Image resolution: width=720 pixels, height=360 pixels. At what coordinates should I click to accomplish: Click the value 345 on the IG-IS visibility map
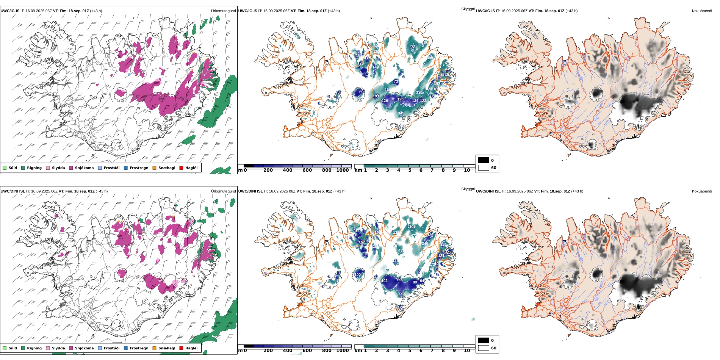click(x=401, y=113)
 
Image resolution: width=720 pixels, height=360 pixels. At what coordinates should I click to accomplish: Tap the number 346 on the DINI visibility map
click(x=412, y=227)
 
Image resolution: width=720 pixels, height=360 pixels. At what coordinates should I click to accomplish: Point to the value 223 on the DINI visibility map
click(x=401, y=293)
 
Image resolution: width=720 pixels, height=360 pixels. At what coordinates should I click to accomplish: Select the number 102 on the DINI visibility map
click(x=384, y=281)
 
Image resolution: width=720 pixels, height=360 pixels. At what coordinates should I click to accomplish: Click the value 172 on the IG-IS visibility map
click(x=412, y=47)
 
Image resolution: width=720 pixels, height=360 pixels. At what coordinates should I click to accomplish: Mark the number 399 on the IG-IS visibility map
click(x=430, y=58)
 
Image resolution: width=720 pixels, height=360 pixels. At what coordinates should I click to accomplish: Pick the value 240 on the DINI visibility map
click(x=425, y=244)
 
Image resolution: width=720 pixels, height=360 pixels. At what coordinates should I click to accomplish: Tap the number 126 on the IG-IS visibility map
click(x=385, y=101)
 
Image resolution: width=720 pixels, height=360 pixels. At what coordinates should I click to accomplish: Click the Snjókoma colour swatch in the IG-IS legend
click(x=71, y=168)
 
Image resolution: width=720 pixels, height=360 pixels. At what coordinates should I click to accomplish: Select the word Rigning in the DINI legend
click(x=34, y=348)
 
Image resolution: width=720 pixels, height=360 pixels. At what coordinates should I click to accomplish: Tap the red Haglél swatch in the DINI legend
click(x=181, y=348)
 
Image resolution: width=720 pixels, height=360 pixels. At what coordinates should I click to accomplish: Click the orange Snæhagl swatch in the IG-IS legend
click(x=154, y=168)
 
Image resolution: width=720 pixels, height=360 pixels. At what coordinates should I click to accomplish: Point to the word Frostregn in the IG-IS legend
click(x=139, y=168)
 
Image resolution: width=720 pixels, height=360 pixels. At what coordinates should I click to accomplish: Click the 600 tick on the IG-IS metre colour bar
click(x=307, y=170)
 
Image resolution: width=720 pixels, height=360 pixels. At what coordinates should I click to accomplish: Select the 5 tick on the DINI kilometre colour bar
click(x=410, y=351)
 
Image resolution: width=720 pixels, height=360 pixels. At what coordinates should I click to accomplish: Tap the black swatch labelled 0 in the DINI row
click(x=484, y=341)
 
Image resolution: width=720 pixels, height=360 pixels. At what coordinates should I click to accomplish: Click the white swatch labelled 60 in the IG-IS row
click(x=484, y=168)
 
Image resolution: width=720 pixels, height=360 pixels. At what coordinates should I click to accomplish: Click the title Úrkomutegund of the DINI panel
click(x=223, y=191)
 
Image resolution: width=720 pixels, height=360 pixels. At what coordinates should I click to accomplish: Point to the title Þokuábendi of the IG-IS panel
click(x=702, y=11)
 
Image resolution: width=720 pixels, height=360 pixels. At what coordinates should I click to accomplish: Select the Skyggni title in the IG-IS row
click(x=468, y=9)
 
